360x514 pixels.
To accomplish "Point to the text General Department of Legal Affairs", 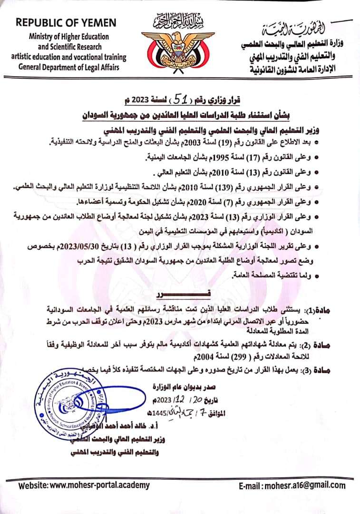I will (69, 67).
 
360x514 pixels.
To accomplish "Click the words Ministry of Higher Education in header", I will (69, 37).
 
